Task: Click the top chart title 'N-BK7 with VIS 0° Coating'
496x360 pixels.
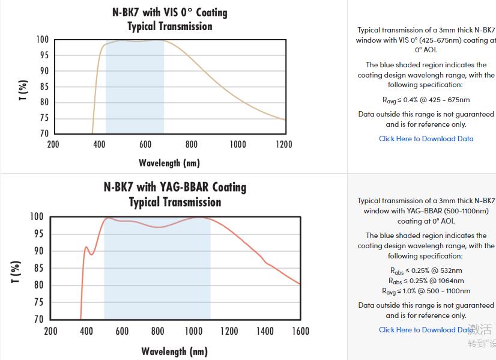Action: point(170,12)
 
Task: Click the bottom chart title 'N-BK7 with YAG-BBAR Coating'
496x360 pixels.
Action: point(175,187)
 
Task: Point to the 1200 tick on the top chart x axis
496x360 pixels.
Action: point(284,144)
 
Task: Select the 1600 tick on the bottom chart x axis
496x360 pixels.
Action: point(300,331)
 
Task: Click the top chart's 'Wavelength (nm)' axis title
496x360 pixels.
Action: point(169,163)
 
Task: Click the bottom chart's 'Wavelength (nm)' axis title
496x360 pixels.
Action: point(175,351)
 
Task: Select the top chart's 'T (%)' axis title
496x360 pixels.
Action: point(23,90)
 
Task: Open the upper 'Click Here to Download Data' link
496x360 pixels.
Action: point(426,139)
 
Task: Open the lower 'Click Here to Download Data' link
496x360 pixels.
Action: point(426,330)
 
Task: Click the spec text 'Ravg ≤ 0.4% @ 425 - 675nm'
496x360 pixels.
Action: point(426,100)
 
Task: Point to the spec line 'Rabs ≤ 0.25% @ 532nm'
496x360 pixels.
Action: point(426,270)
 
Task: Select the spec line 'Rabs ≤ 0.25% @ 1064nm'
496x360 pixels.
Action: point(426,281)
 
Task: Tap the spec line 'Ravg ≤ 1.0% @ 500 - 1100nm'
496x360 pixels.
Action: point(426,291)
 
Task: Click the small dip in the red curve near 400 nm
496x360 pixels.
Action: point(92,254)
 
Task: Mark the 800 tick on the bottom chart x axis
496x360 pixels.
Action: point(158,331)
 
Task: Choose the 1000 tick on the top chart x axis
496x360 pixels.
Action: point(238,144)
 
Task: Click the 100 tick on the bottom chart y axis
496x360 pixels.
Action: point(37,216)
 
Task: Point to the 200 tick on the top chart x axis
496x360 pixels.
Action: point(53,144)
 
